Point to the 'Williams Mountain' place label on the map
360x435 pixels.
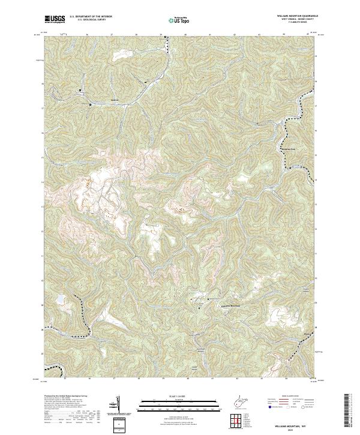227,306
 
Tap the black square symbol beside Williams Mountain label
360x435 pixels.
208,299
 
